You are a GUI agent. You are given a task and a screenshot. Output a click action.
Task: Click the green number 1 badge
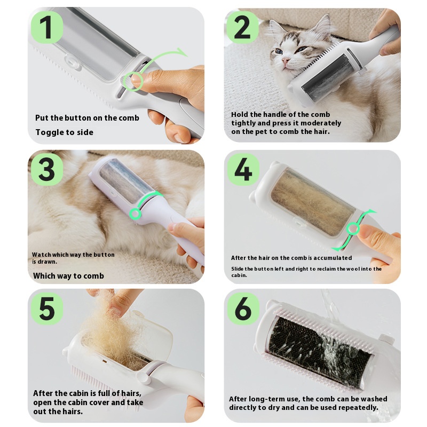pyautogui.click(x=47, y=27)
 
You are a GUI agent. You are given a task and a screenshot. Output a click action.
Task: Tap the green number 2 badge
pyautogui.click(x=242, y=27)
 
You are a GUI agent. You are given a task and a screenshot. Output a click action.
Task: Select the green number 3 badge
pyautogui.click(x=47, y=169)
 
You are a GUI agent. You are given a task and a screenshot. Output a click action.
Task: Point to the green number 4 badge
pyautogui.click(x=243, y=169)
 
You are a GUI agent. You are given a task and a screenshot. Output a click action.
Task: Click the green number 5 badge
pyautogui.click(x=47, y=309)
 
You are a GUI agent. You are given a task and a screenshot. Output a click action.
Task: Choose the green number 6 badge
pyautogui.click(x=243, y=309)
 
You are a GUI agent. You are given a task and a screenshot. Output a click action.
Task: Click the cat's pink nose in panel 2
pyautogui.click(x=285, y=60)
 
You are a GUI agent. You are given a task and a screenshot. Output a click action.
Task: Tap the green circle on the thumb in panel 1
pyautogui.click(x=132, y=81)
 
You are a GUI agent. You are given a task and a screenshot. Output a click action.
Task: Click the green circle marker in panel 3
pyautogui.click(x=136, y=214)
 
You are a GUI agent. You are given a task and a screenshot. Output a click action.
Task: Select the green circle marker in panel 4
pyautogui.click(x=353, y=228)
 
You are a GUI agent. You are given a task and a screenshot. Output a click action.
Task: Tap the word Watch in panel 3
pyautogui.click(x=42, y=255)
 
